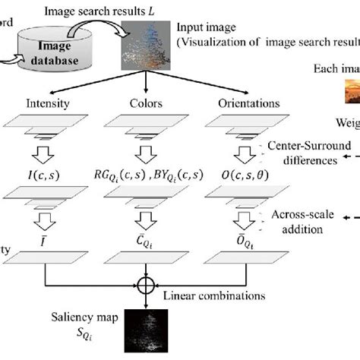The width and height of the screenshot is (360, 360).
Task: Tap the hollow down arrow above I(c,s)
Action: pyautogui.click(x=46, y=152)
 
